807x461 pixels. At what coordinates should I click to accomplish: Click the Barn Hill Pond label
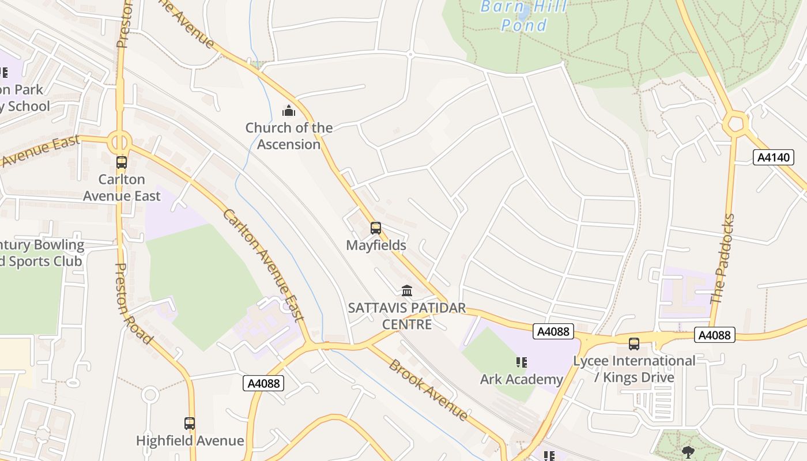pos(523,16)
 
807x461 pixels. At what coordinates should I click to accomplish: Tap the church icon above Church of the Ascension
pos(288,110)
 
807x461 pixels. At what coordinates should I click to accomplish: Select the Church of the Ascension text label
pos(289,136)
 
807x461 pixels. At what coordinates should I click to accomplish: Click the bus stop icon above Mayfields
pos(376,228)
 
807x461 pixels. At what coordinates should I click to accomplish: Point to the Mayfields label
pos(376,245)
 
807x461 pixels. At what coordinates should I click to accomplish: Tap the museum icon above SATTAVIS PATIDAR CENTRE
pos(407,290)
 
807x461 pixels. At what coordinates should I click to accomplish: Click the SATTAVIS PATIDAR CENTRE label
pos(407,316)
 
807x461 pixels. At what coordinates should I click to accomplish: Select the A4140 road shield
pos(773,157)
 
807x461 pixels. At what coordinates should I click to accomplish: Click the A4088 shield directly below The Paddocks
pos(714,335)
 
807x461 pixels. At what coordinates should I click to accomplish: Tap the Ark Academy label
pos(521,379)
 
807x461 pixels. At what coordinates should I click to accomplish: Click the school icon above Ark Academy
pos(522,362)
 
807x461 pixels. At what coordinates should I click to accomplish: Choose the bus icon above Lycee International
pos(634,344)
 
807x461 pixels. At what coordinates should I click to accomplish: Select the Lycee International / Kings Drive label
pos(634,369)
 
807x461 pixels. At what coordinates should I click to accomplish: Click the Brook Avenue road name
pos(428,389)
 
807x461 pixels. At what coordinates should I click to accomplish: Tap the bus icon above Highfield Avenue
pos(190,424)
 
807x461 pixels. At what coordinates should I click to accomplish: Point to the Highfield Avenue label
pos(190,441)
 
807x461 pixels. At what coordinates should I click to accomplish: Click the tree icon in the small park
pos(688,451)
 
